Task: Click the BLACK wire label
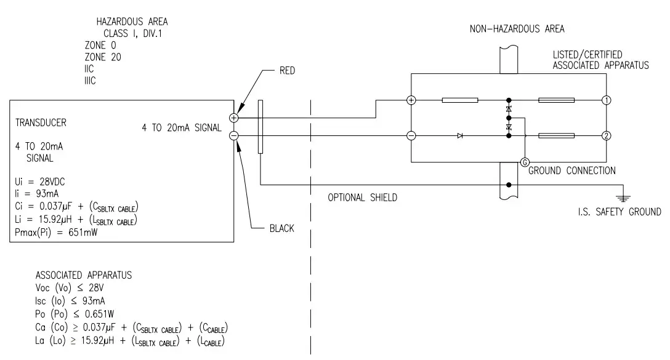281,228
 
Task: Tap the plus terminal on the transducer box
234,117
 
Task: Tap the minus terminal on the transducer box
234,136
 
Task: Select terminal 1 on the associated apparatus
607,100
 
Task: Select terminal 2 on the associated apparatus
607,136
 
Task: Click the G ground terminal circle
524,162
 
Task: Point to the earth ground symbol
623,197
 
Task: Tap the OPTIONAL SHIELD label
362,198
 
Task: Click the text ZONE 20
103,57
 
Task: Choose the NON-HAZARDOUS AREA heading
517,28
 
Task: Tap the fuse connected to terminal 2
556,136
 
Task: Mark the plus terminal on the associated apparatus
411,100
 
